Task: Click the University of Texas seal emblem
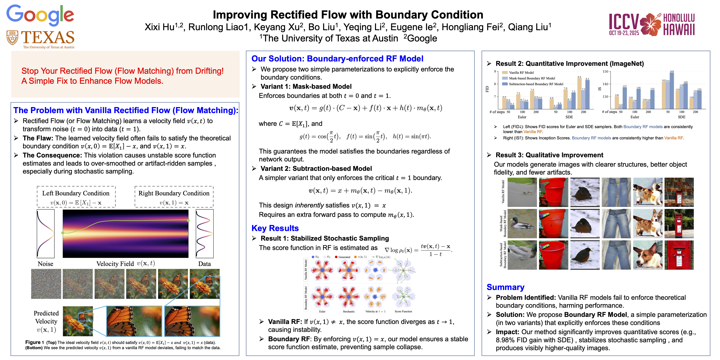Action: click(x=12, y=37)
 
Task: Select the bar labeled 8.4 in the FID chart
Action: click(x=579, y=93)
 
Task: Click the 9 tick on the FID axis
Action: click(x=495, y=71)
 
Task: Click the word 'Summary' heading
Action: click(x=505, y=287)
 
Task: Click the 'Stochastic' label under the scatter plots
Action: click(x=349, y=311)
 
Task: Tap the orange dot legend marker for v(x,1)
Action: click(x=355, y=257)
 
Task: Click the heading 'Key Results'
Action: click(x=275, y=228)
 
